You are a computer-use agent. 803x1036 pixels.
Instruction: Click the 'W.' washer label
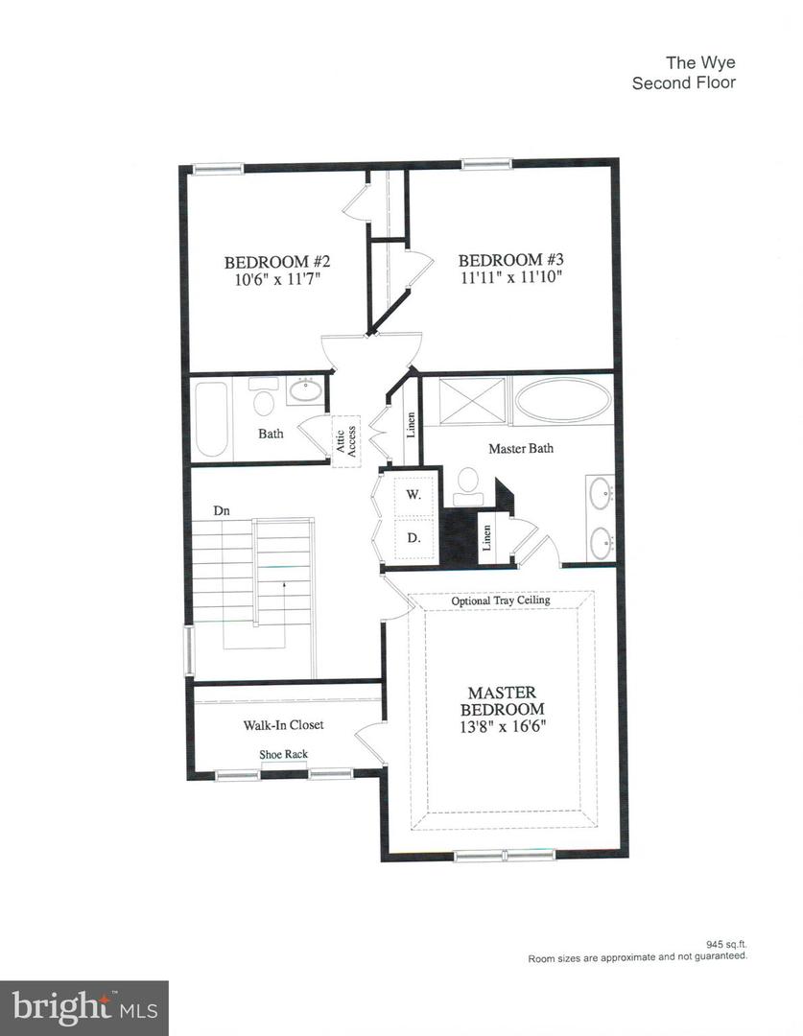[x=413, y=495]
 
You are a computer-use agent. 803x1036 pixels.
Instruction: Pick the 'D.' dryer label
[x=413, y=537]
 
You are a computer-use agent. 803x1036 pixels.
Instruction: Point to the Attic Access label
[x=345, y=440]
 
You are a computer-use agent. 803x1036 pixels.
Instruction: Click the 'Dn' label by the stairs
[x=222, y=511]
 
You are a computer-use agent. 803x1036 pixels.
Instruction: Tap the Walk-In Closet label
[x=282, y=724]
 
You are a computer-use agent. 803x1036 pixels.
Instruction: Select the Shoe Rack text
[x=283, y=754]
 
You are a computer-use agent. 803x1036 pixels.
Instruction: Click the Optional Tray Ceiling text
[x=501, y=600]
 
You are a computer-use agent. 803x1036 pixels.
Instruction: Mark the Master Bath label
[x=521, y=448]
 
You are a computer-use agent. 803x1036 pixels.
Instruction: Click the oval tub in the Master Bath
[x=561, y=399]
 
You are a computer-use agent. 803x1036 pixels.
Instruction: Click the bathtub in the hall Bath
[x=211, y=420]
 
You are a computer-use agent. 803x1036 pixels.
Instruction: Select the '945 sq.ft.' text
[x=723, y=944]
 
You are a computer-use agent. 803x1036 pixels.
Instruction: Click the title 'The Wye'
[x=700, y=64]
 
